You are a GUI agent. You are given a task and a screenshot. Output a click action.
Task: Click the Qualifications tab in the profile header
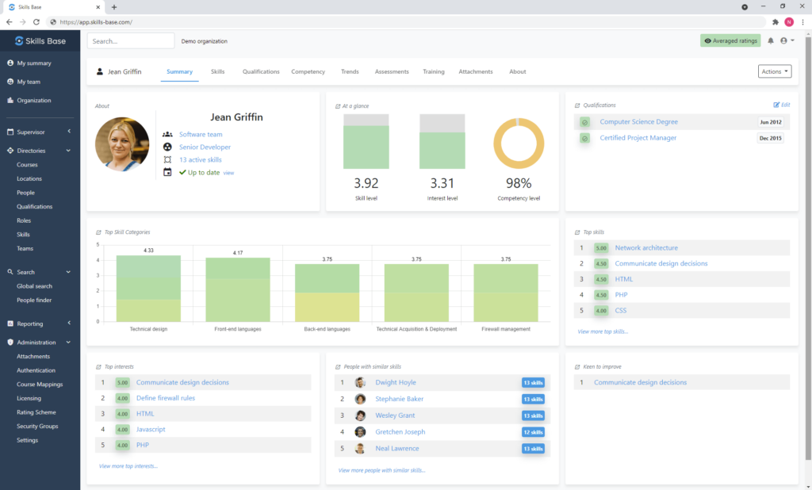pos(261,71)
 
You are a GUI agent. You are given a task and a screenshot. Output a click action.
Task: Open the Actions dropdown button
pos(775,71)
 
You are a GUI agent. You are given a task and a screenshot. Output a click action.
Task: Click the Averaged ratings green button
pos(730,40)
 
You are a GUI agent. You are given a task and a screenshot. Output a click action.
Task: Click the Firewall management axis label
pos(506,329)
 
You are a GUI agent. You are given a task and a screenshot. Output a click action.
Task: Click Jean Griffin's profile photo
pos(122,144)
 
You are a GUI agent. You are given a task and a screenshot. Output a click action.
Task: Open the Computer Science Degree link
pos(638,122)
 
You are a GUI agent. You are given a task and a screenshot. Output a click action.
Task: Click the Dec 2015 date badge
pos(770,138)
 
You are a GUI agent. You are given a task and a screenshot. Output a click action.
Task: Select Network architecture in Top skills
pos(646,248)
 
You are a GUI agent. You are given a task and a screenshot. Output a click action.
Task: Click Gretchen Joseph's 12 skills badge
pos(533,432)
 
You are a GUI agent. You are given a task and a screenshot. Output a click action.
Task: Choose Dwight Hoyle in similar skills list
pos(396,382)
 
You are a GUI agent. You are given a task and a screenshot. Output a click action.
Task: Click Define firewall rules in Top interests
pos(166,398)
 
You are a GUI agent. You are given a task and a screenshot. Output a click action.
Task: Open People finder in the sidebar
pos(35,300)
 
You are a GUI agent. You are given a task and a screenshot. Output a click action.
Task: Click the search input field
pos(131,40)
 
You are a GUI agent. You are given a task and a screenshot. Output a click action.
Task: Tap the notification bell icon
pos(770,40)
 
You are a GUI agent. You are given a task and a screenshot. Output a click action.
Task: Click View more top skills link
pos(603,331)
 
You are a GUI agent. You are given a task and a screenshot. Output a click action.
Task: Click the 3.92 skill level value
pos(366,182)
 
